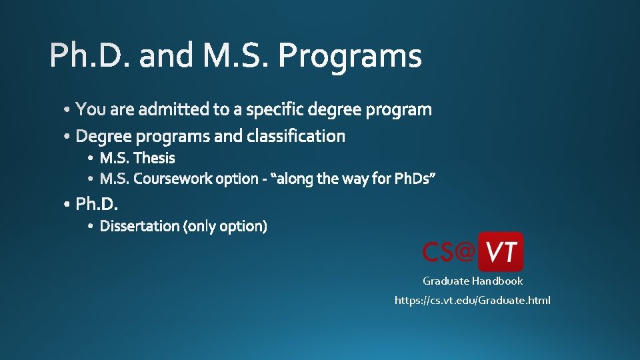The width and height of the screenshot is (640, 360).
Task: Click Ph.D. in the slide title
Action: (90, 56)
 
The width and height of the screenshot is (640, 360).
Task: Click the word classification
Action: (296, 136)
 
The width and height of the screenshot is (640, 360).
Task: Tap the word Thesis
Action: (154, 158)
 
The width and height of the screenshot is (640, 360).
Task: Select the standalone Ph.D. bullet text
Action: (97, 203)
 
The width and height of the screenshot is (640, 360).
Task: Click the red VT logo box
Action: (501, 252)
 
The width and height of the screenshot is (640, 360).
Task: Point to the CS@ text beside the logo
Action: (449, 252)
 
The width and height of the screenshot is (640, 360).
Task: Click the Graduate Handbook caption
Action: (473, 281)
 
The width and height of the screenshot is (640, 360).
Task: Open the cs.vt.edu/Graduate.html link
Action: (473, 301)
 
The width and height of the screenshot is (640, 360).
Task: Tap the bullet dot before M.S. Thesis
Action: (91, 159)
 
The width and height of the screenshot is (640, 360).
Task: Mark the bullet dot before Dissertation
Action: (91, 227)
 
